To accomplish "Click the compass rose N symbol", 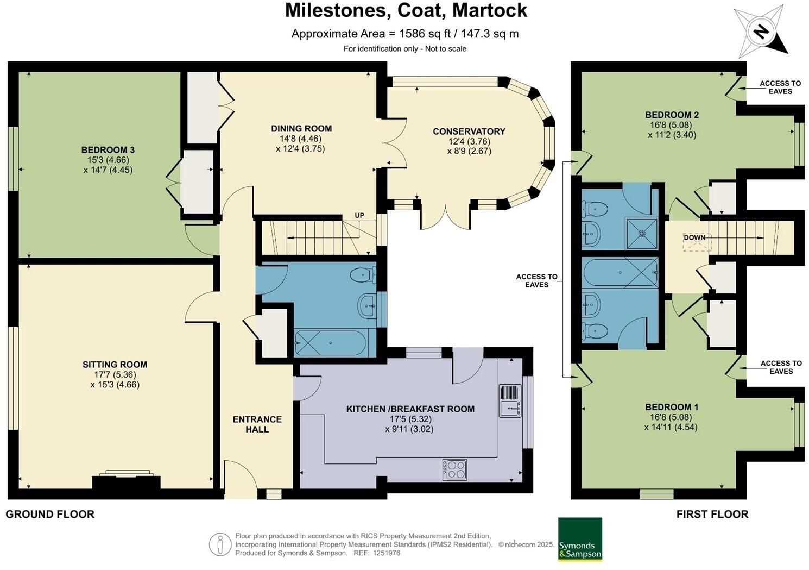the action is coord(762,33).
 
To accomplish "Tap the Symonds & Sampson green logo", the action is coord(580,539).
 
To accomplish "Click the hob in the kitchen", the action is coord(454,469).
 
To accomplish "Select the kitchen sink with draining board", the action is coord(510,401).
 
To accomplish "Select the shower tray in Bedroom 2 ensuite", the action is coord(641,234).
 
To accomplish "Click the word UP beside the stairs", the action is coord(359,215).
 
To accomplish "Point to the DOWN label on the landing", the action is coord(694,237).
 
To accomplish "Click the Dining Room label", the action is coord(301,128).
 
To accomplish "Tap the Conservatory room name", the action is coord(469,131).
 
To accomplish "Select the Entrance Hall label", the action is coord(257,424).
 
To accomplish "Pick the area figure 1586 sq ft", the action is coord(425,34).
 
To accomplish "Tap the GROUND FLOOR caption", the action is coord(50,514).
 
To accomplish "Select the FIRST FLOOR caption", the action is coord(712,514).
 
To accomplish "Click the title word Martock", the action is coord(490,10).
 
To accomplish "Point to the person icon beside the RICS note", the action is coord(220,544).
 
